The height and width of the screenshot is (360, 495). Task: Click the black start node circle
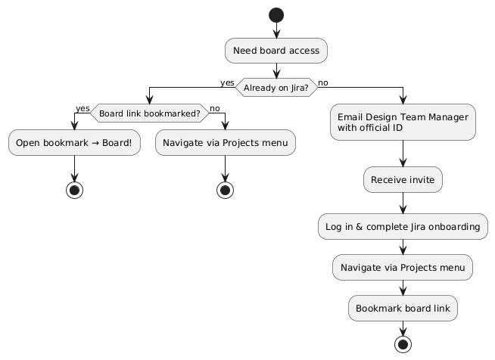[276, 14]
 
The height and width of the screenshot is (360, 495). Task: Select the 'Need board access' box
[276, 51]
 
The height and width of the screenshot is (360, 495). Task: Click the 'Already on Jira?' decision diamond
[276, 88]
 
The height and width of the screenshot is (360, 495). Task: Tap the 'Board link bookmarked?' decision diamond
[149, 113]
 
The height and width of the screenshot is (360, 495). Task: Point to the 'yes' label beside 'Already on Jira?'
[227, 82]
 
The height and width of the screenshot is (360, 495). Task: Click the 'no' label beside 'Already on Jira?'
[323, 82]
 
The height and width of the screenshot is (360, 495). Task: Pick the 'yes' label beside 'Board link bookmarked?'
[82, 108]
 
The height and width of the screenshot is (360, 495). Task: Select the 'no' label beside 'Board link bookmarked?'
[214, 108]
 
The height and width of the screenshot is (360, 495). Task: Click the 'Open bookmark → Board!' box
[74, 144]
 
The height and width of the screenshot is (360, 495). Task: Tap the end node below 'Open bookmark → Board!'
[74, 188]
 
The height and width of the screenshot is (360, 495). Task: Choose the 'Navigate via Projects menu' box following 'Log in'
[403, 267]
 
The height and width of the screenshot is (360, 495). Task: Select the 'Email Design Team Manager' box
[403, 123]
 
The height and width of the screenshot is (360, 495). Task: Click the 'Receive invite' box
[403, 180]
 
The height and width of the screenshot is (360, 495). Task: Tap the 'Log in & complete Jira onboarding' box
[403, 226]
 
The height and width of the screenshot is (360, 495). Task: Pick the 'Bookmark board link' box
[403, 308]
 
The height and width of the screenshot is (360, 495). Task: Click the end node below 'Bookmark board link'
[403, 344]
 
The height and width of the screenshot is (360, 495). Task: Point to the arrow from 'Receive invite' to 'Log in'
[403, 203]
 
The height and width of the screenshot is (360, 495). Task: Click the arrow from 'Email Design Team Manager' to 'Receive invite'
[403, 154]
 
